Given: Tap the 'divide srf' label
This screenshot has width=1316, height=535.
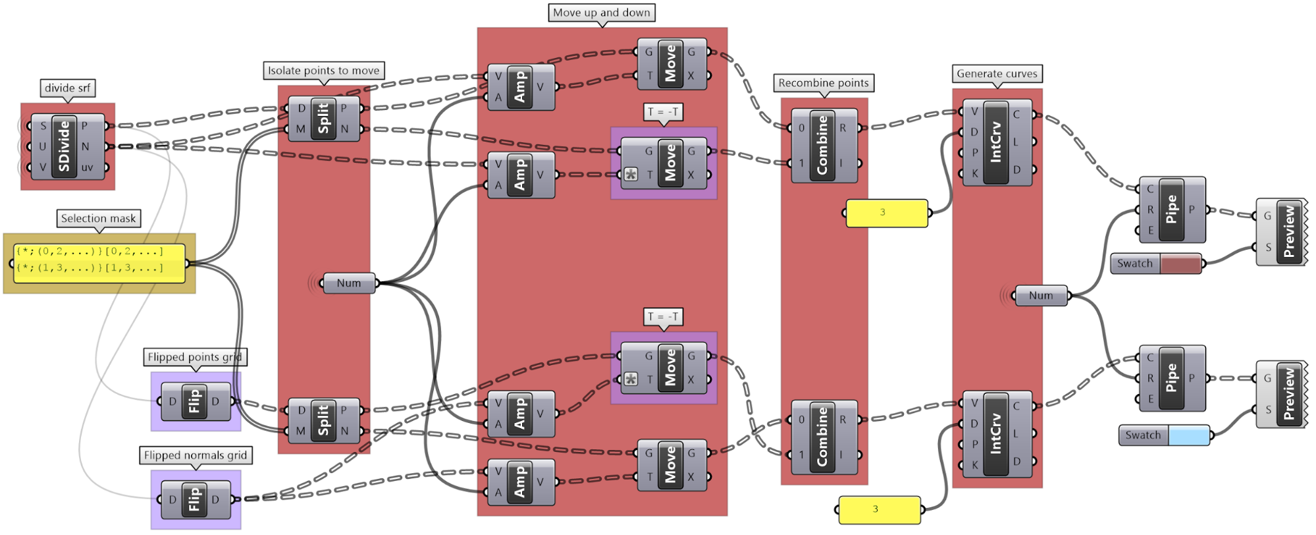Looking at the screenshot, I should [x=67, y=88].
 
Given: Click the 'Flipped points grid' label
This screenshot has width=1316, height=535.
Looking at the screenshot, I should [x=195, y=357].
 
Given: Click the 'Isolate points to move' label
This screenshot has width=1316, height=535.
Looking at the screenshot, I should [x=323, y=70].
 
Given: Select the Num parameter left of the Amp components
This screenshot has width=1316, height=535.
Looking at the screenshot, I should [x=349, y=283].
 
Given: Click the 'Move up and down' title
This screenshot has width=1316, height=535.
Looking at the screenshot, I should [x=601, y=13].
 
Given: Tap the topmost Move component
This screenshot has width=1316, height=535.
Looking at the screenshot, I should [x=671, y=64].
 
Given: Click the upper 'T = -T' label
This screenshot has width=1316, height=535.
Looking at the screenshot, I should [x=663, y=112].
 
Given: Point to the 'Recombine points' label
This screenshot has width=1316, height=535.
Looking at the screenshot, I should [x=823, y=83].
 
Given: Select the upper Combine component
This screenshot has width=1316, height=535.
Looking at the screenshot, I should [x=822, y=146].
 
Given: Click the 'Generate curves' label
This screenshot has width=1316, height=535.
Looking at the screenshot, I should [x=997, y=74].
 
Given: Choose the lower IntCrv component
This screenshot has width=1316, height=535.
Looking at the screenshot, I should [x=996, y=434].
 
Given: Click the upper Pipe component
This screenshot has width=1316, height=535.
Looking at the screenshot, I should [x=1172, y=210].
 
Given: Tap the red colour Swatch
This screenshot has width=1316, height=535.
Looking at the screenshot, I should [x=1180, y=264].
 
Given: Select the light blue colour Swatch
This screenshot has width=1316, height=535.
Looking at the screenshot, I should [x=1189, y=435].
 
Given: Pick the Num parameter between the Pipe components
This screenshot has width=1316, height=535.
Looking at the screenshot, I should [x=1041, y=295].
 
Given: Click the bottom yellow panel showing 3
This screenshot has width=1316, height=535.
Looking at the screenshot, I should [x=878, y=509].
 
